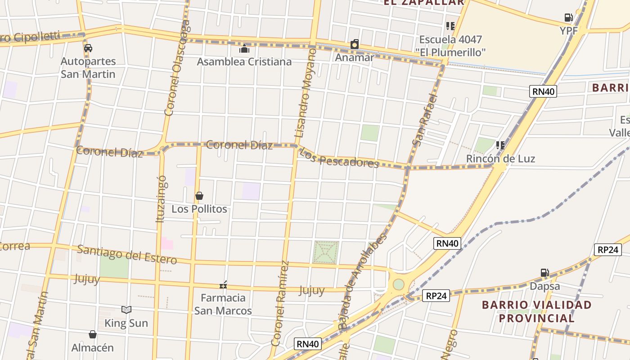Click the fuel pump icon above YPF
coord(568,18)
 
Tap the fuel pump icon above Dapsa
coord(544,273)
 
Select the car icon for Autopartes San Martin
coord(88,48)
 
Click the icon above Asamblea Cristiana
coord(244,49)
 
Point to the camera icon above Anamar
coord(355,44)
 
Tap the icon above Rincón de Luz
coord(500,145)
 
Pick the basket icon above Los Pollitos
coord(199,196)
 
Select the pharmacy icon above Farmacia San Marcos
coord(223,285)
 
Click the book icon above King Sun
coord(126,310)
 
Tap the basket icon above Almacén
coord(93,334)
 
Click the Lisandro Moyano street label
coord(306,93)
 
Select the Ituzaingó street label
coord(161,199)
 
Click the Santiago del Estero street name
coord(127,255)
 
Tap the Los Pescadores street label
coord(339,158)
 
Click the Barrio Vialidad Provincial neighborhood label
coord(536,311)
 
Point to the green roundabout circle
coord(398,284)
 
